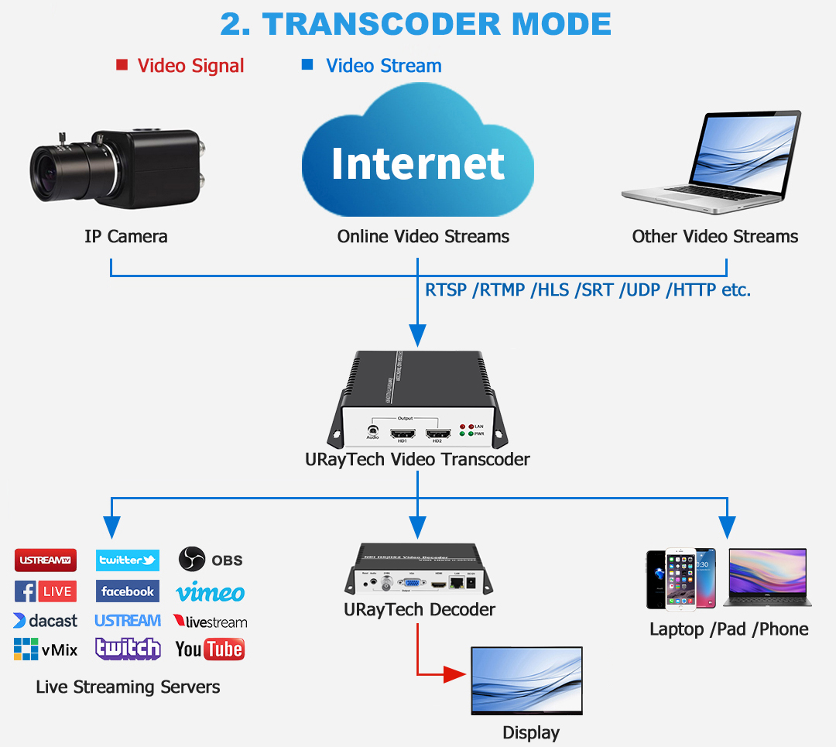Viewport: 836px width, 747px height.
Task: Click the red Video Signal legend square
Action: (122, 65)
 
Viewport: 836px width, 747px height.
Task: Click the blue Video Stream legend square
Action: (307, 65)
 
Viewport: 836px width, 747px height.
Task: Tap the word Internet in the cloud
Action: (418, 163)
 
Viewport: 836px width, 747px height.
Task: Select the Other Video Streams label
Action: (714, 236)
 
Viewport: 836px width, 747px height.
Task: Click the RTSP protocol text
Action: (446, 290)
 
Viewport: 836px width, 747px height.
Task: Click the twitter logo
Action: (128, 560)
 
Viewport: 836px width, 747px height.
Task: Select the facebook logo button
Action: (128, 591)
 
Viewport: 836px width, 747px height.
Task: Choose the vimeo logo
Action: (211, 593)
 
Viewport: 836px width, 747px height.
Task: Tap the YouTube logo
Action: (210, 649)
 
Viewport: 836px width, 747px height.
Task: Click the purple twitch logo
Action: (128, 649)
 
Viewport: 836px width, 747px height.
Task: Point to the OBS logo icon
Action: (192, 559)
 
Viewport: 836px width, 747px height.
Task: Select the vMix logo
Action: (46, 649)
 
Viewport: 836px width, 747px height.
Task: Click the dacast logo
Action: (46, 621)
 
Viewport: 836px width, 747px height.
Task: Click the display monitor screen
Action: (526, 680)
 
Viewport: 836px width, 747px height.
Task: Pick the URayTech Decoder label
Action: (420, 610)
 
